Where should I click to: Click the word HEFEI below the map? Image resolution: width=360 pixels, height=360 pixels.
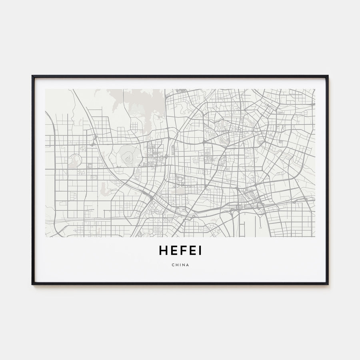click(180, 250)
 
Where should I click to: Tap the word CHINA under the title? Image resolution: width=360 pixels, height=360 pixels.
click(180, 264)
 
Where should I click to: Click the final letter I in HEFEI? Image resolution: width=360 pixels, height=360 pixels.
click(200, 250)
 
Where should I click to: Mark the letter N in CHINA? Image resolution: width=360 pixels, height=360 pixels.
click(183, 264)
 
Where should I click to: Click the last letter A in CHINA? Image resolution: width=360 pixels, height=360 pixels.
click(188, 264)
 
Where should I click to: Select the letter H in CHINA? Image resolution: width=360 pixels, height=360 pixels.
click(176, 264)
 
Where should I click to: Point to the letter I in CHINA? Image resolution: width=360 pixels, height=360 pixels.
click(180, 264)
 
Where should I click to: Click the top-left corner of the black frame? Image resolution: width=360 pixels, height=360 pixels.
click(32, 76)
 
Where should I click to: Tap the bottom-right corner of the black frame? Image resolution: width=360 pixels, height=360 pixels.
click(328, 284)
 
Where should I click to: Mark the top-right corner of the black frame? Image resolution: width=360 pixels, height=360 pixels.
click(328, 76)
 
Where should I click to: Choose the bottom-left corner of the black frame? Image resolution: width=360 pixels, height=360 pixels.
click(32, 284)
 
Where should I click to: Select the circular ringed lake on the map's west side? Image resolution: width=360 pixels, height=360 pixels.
click(75, 161)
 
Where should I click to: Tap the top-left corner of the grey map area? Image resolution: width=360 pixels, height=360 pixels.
click(46, 89)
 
